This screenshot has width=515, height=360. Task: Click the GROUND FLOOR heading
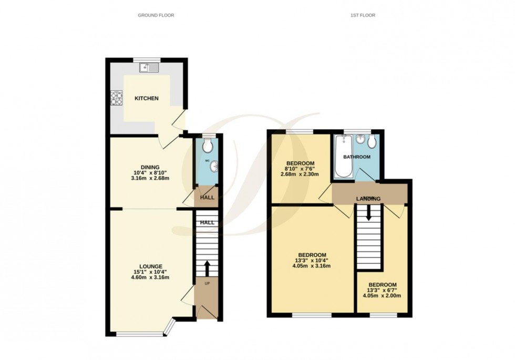point(156,15)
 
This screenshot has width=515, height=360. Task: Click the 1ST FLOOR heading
point(363,15)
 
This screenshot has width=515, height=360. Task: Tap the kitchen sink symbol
point(150,67)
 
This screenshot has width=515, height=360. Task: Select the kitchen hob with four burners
point(116,98)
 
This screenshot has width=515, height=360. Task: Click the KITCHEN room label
point(147,98)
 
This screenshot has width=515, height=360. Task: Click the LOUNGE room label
point(151,266)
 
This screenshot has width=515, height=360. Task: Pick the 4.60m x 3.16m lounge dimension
point(151,277)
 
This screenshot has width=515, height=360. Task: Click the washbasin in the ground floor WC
point(213,168)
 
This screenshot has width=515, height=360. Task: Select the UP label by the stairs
point(207,284)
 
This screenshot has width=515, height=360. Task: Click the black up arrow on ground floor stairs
point(207,268)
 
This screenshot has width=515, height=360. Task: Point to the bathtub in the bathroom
point(343,156)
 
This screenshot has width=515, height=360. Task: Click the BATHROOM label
point(357,157)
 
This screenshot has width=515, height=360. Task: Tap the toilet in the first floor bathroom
point(372,141)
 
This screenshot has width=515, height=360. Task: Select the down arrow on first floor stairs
point(368,212)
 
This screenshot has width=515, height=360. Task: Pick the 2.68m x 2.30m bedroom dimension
point(300,174)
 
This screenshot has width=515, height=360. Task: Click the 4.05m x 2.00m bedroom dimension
point(382,296)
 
